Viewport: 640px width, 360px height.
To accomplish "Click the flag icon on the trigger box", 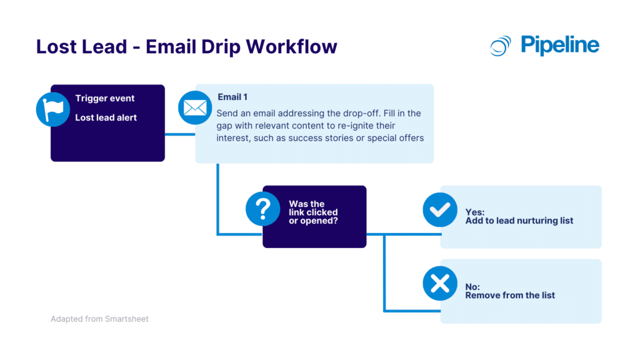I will click(x=52, y=109).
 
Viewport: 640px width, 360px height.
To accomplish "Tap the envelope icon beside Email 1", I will click(x=194, y=108).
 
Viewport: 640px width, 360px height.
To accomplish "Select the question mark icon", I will click(x=262, y=208).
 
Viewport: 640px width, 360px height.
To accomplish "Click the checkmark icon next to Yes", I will click(x=440, y=209).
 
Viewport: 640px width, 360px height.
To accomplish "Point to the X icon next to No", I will click(x=440, y=284).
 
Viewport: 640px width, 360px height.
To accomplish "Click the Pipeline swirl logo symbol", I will click(x=501, y=46).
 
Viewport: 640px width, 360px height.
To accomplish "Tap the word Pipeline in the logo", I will click(x=559, y=45).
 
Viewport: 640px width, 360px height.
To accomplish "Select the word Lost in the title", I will click(x=57, y=47).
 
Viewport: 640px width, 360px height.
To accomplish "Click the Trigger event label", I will click(x=105, y=98).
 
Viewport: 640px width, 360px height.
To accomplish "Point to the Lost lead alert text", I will click(x=106, y=117).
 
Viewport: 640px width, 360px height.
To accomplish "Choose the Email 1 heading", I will click(x=232, y=97).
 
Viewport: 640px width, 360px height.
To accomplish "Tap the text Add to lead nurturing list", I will click(x=519, y=221).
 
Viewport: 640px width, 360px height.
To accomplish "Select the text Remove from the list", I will click(x=510, y=295).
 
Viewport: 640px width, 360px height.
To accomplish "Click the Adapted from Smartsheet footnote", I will click(x=99, y=319).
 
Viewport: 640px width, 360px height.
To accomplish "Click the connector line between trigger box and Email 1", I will click(x=180, y=133).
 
